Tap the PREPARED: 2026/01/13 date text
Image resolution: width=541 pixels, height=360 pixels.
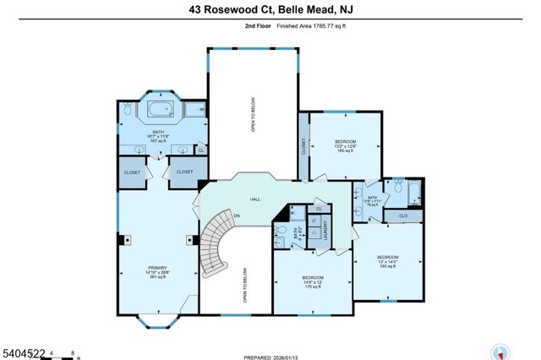tap(270, 356)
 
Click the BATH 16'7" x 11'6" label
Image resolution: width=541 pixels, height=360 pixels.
tap(160, 134)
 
